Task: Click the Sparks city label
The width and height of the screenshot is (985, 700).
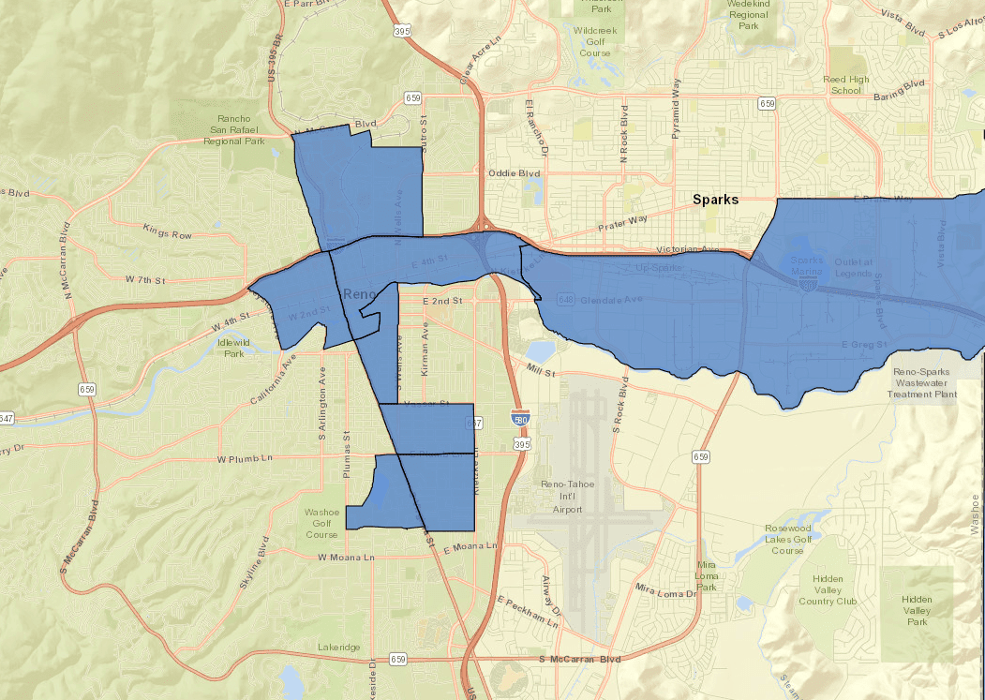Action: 715,200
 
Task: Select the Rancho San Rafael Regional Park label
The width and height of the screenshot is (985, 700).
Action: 234,130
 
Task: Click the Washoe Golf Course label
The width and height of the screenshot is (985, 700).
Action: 323,524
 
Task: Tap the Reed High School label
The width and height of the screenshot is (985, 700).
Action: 845,85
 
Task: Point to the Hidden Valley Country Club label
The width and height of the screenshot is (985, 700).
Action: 828,589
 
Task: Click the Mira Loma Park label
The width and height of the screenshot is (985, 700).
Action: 707,576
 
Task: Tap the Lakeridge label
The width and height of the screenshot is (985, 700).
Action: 338,648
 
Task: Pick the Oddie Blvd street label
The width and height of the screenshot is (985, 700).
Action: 515,173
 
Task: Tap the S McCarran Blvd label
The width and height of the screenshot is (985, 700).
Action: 581,660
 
